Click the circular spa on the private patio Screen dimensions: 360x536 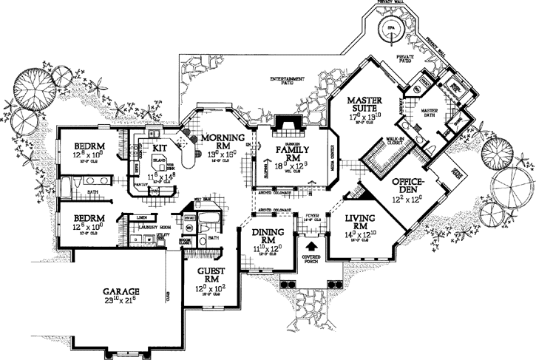click(x=389, y=30)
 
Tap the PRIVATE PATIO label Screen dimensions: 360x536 click(x=405, y=57)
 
